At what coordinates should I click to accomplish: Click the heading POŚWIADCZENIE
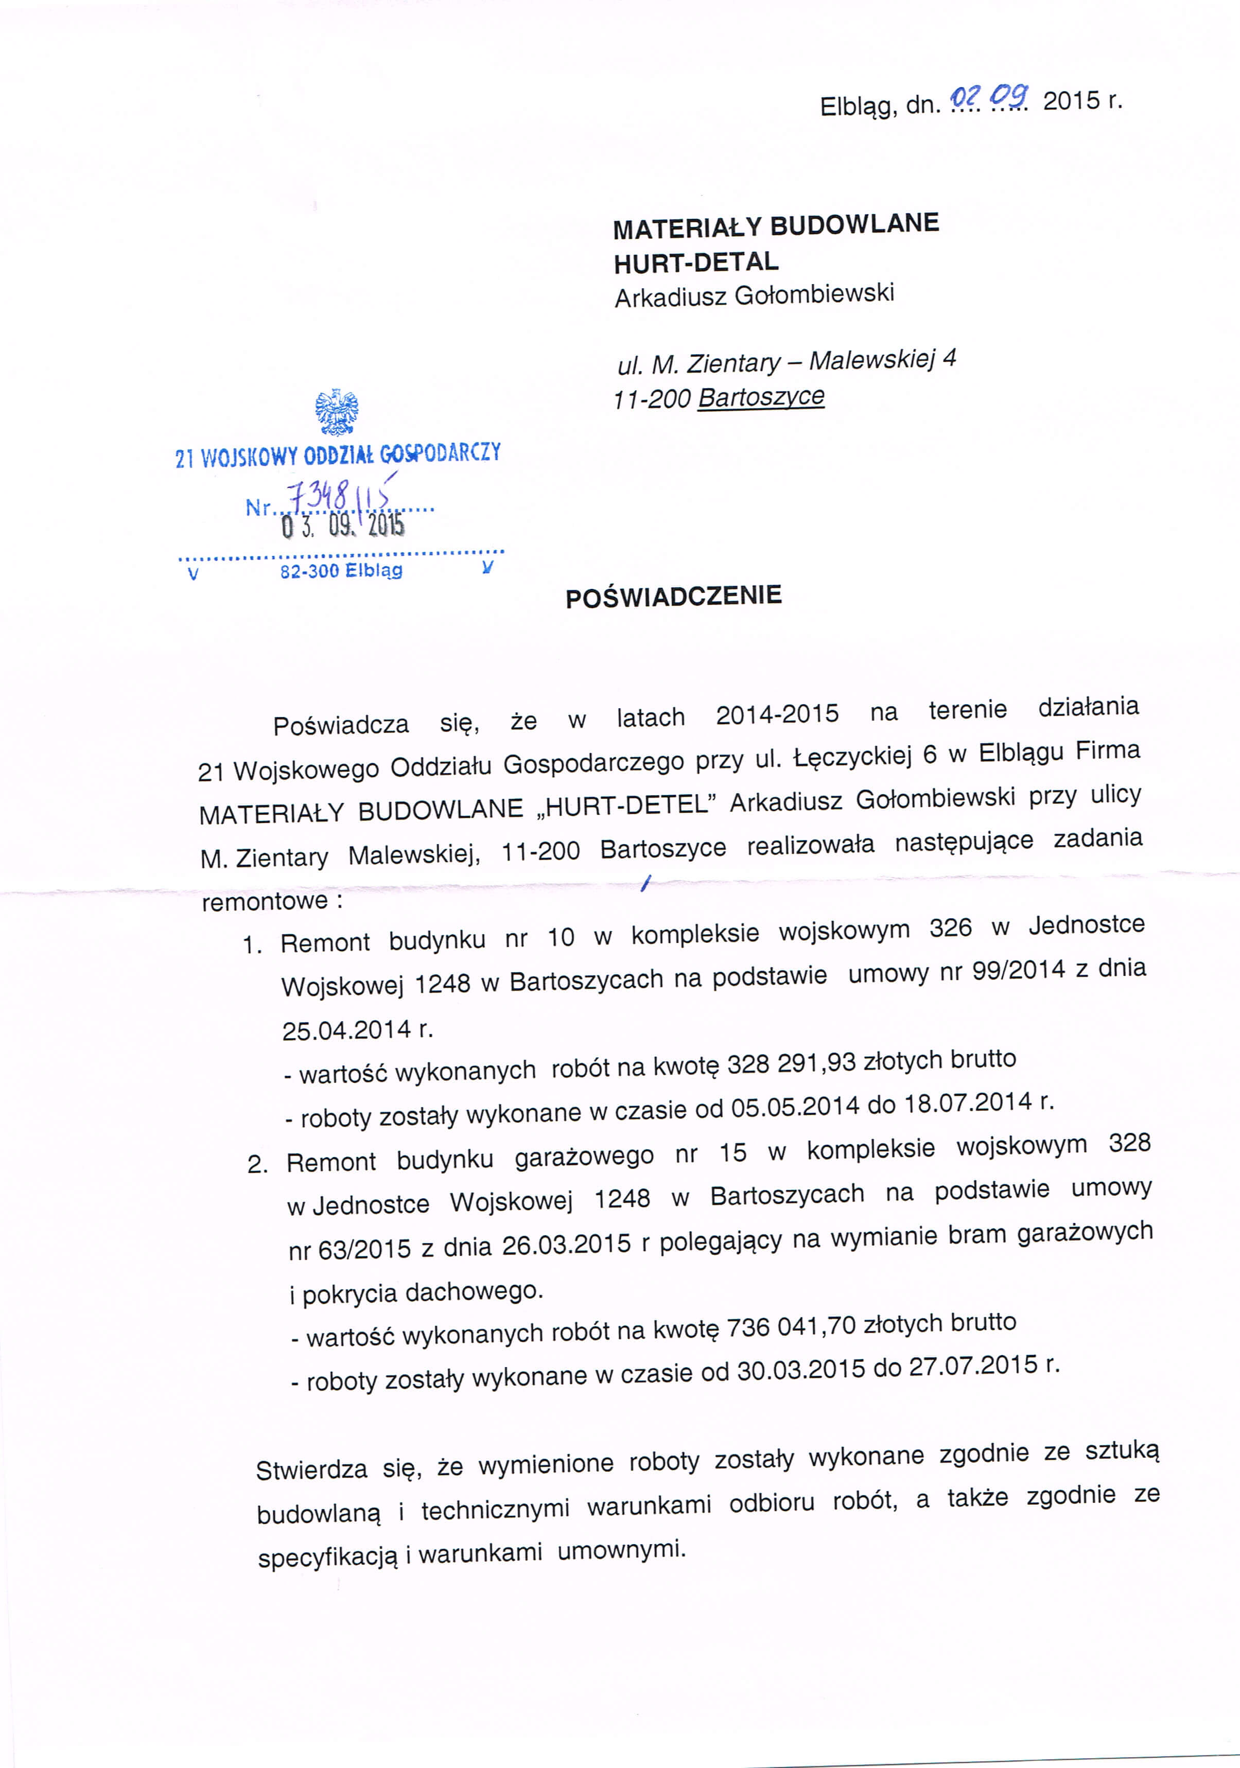pyautogui.click(x=673, y=596)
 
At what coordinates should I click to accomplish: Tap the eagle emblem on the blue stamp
pyautogui.click(x=337, y=413)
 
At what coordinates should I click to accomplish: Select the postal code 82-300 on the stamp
pyautogui.click(x=310, y=571)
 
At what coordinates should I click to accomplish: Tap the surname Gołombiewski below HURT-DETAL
pyautogui.click(x=814, y=294)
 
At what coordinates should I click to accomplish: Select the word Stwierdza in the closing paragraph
pyautogui.click(x=311, y=1470)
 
